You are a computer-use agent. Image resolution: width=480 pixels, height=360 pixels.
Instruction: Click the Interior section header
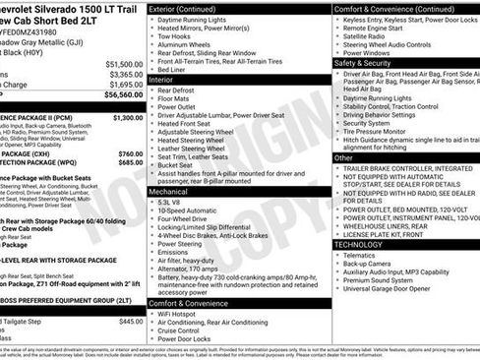(x=162, y=81)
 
